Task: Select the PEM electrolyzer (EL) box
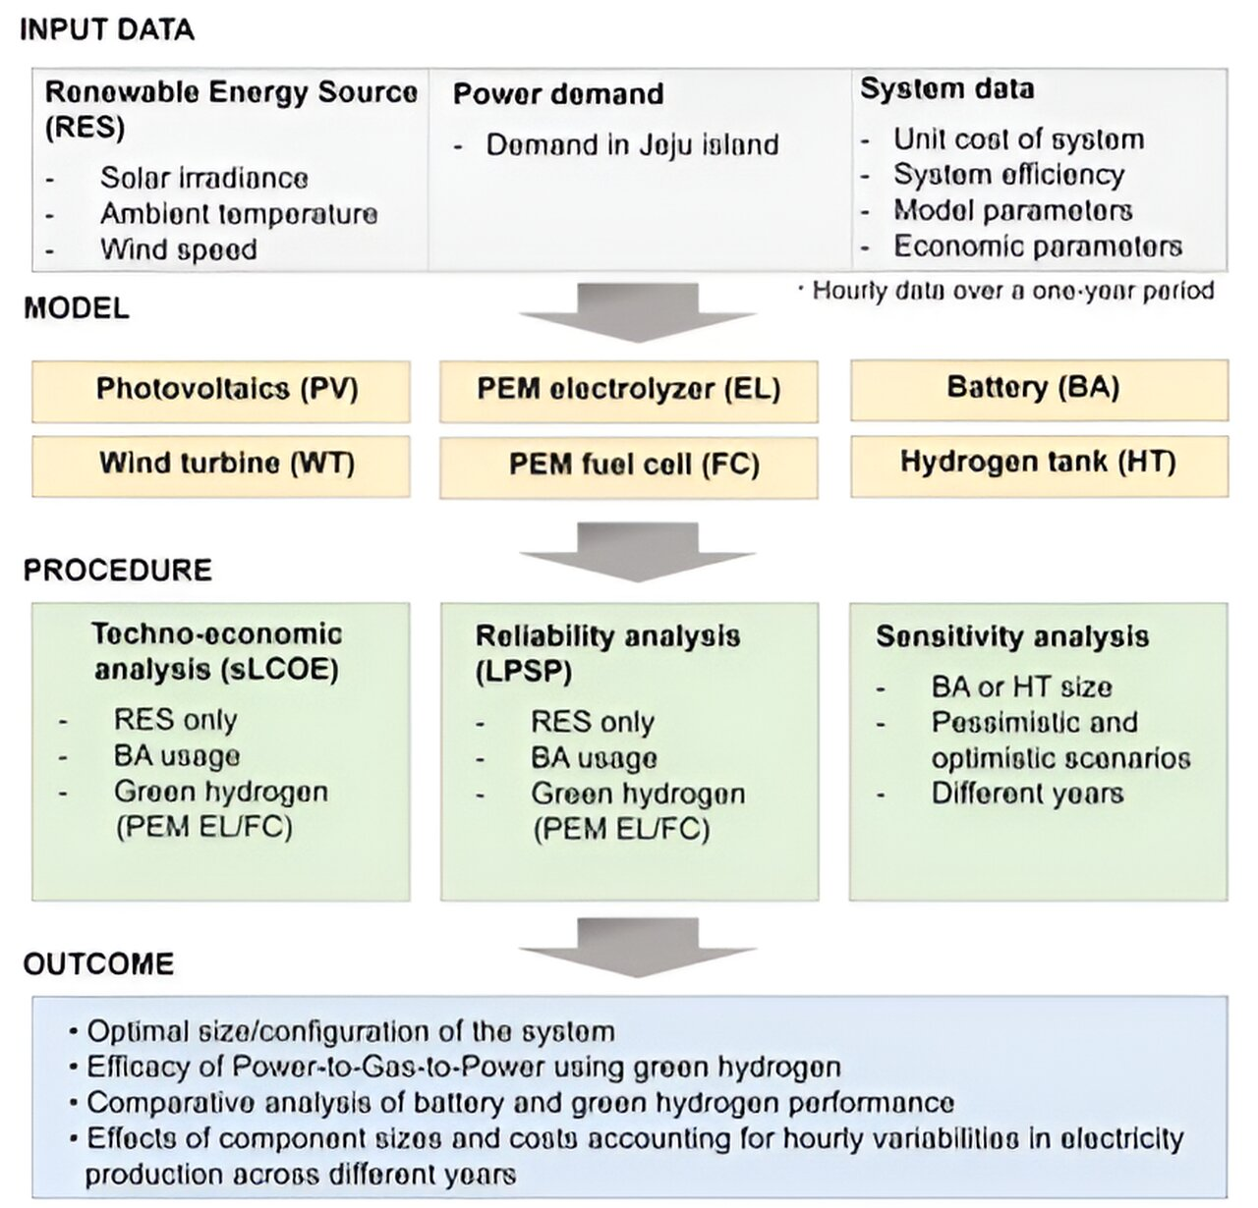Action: click(x=629, y=390)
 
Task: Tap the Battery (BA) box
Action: click(x=1038, y=388)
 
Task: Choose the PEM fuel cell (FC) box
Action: click(x=629, y=464)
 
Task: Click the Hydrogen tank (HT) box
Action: click(x=1038, y=463)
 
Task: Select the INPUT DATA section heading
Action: click(x=107, y=30)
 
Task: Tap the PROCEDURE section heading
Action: click(x=117, y=571)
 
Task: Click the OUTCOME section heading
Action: click(x=98, y=963)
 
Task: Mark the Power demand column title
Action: click(x=558, y=94)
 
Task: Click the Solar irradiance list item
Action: click(x=203, y=178)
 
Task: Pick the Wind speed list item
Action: click(x=178, y=249)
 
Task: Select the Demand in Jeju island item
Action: click(x=632, y=145)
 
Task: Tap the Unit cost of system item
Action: click(x=1018, y=139)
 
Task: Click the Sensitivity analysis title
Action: click(x=1012, y=636)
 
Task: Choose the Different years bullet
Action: click(x=1027, y=794)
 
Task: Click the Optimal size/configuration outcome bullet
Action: click(x=350, y=1032)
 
